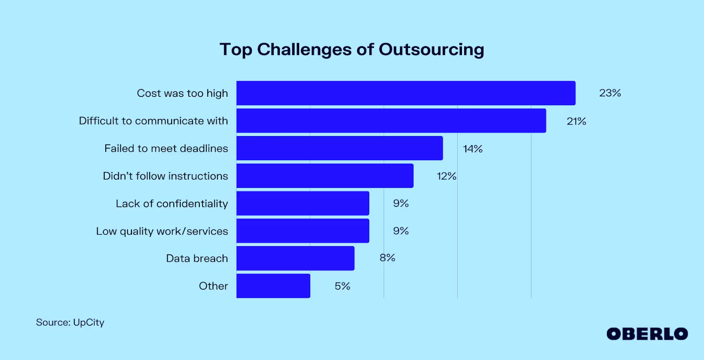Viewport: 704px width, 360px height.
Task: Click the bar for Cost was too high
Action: [x=406, y=93]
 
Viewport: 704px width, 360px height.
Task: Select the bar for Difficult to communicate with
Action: [x=391, y=121]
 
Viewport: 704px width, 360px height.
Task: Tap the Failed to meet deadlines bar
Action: [x=339, y=148]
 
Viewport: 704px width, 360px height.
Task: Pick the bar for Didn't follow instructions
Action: [x=325, y=176]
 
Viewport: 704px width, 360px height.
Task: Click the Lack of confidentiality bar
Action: [x=303, y=203]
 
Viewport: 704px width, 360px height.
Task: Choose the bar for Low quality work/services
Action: [x=303, y=231]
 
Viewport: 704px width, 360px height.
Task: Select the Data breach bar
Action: [x=295, y=258]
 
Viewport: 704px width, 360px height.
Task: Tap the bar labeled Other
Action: [x=273, y=286]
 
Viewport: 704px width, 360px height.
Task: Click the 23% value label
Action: [x=610, y=93]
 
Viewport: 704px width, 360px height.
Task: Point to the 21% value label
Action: [x=576, y=121]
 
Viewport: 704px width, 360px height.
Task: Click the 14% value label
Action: [x=473, y=149]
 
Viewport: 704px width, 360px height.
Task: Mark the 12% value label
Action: [x=446, y=176]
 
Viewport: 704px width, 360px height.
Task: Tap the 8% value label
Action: [x=387, y=258]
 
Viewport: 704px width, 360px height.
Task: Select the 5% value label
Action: [x=342, y=286]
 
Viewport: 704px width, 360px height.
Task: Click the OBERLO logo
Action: [x=647, y=334]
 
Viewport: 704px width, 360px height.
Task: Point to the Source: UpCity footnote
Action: [x=70, y=322]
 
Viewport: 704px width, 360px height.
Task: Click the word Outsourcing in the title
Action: [x=431, y=50]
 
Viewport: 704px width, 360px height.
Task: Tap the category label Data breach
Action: [x=197, y=258]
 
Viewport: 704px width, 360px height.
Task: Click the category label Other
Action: [x=213, y=286]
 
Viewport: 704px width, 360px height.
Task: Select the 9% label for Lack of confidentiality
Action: [x=401, y=203]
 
